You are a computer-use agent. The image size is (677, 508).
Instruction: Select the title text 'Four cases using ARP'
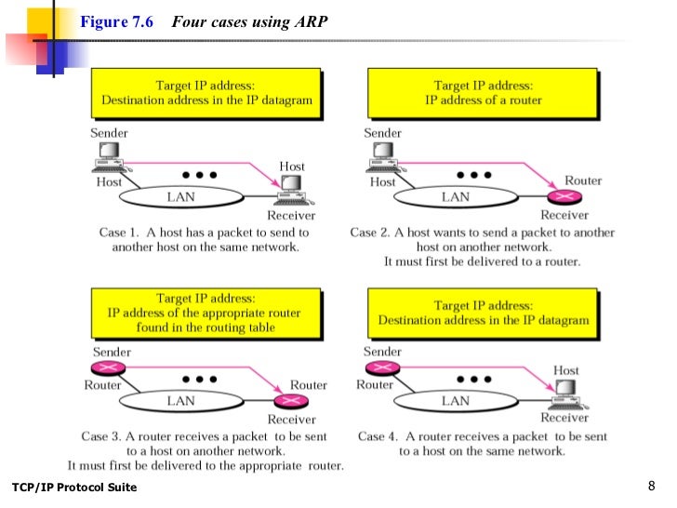(x=249, y=21)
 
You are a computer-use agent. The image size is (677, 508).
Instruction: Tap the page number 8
(x=651, y=486)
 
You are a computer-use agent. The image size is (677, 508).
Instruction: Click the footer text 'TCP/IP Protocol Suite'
(x=74, y=488)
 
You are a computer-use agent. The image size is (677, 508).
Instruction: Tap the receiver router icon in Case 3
(x=291, y=401)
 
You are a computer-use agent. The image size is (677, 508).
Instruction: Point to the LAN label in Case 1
(x=180, y=197)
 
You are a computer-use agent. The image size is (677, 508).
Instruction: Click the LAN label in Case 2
(x=455, y=197)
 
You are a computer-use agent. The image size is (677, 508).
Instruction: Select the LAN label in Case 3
(x=180, y=401)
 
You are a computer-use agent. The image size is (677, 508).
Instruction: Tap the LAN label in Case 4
(x=455, y=401)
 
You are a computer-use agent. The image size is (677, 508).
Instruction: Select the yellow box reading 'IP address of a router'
(x=484, y=93)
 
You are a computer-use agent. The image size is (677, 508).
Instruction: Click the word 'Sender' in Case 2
(x=382, y=133)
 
